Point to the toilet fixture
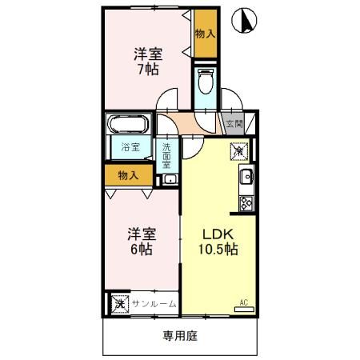pyautogui.click(x=205, y=82)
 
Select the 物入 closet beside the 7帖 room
pyautogui.click(x=205, y=34)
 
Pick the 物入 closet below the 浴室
pyautogui.click(x=128, y=174)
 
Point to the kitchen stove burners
pyautogui.click(x=246, y=202)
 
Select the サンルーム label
pyautogui.click(x=154, y=304)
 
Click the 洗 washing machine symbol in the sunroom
pyautogui.click(x=119, y=304)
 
